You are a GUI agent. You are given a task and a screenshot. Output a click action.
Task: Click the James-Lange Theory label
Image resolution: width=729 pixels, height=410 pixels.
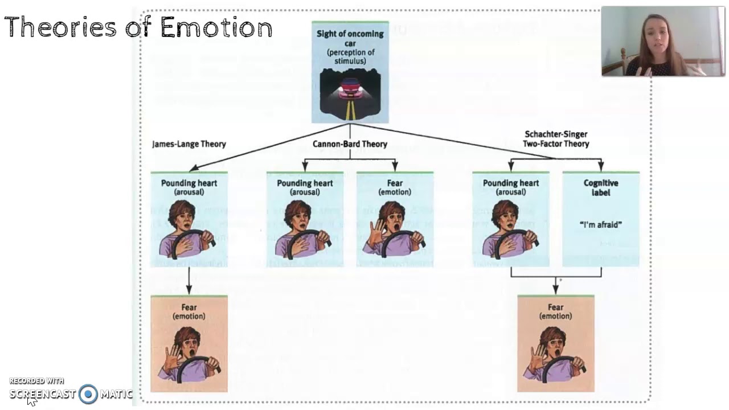click(189, 144)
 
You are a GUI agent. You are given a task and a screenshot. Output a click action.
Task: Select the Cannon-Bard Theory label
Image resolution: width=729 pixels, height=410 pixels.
click(350, 144)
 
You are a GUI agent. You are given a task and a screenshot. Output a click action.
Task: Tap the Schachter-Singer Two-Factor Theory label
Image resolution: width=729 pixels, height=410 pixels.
click(556, 139)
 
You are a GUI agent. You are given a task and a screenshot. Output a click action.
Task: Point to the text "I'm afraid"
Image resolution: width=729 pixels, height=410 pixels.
click(600, 224)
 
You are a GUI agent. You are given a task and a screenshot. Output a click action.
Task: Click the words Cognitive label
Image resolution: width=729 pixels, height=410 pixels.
click(600, 187)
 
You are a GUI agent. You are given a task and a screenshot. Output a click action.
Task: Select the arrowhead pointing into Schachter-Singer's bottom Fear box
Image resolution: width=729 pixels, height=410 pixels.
click(555, 290)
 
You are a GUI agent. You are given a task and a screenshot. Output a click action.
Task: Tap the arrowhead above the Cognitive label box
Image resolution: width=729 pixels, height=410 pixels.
click(600, 167)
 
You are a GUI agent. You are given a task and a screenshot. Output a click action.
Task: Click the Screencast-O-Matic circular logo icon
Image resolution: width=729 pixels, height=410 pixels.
click(88, 394)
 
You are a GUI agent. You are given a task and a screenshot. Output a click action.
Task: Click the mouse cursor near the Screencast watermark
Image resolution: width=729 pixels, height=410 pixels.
click(31, 401)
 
